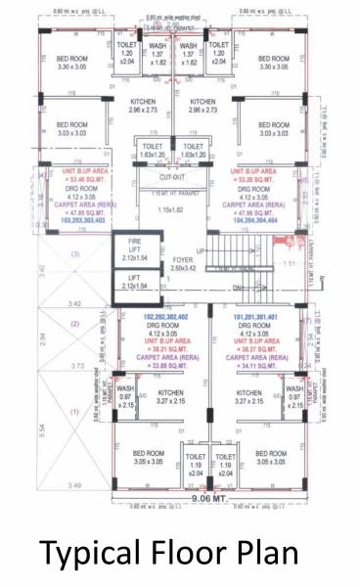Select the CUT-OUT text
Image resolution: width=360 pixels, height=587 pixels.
pos(172,178)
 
